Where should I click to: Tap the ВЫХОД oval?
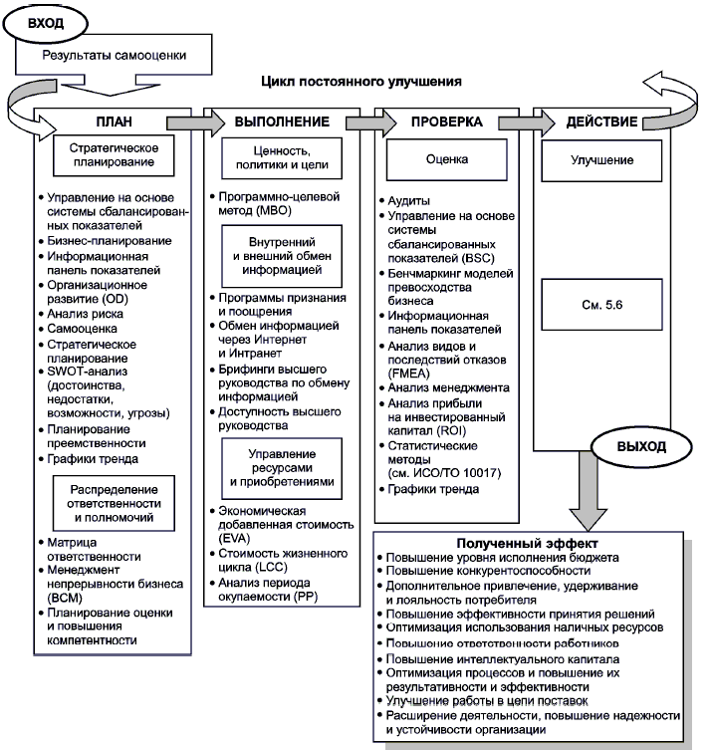tap(640, 447)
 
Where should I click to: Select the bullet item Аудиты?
tap(407, 201)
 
